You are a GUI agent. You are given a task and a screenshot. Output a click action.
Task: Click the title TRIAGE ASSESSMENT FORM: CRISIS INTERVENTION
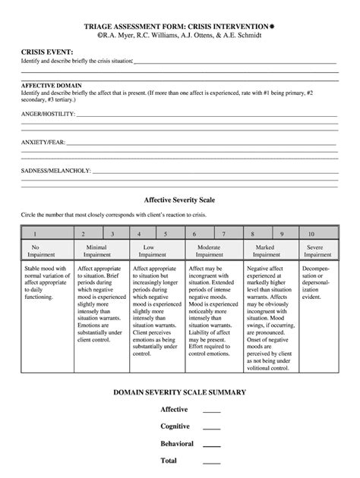[x=180, y=25]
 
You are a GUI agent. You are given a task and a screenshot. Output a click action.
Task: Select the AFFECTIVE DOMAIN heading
[x=52, y=85]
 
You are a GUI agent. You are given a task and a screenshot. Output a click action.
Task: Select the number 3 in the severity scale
[x=112, y=234]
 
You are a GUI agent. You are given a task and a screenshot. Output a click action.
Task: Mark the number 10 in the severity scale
[x=311, y=234]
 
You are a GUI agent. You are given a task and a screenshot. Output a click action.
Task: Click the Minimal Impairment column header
[x=96, y=251]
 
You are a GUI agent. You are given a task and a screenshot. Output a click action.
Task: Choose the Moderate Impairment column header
[x=209, y=251]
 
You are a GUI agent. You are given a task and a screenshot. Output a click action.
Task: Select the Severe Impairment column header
[x=317, y=251]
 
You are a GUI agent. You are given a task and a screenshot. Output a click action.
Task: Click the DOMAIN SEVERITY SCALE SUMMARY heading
[x=179, y=392]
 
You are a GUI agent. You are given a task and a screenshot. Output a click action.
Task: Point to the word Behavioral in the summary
[x=176, y=443]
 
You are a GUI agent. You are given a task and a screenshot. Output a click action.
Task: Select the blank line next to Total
[x=212, y=461]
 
